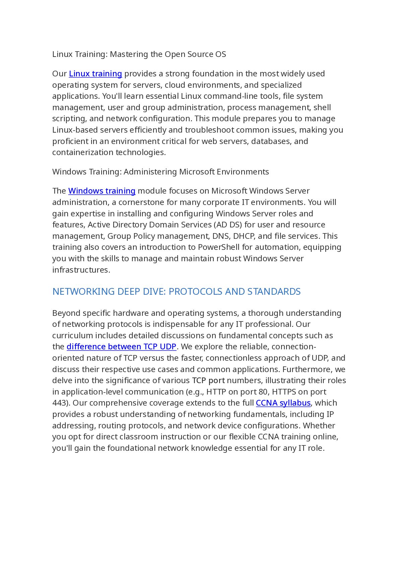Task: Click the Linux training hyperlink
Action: (95, 74)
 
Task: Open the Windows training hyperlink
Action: (102, 191)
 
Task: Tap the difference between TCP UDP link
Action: (121, 347)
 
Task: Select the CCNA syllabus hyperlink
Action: (283, 403)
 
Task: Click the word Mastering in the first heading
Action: (129, 54)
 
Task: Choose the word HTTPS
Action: (284, 392)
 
